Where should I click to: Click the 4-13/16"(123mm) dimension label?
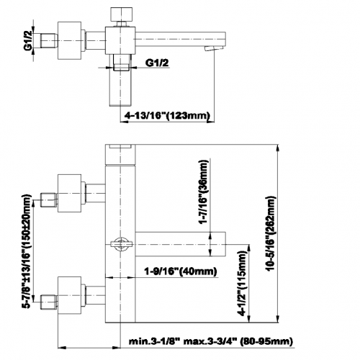tap(167, 115)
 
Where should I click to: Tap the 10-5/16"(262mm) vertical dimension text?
tap(271, 233)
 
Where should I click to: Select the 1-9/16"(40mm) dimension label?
tap(180, 271)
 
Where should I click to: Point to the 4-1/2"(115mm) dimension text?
tap(242, 283)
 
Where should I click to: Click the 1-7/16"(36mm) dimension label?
tap(204, 192)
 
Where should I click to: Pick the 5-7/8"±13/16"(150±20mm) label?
tap(27, 251)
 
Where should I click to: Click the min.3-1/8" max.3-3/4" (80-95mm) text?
tap(211, 341)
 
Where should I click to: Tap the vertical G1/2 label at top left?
tap(28, 41)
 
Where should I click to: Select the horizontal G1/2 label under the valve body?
tap(157, 63)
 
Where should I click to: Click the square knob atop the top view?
tap(121, 14)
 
